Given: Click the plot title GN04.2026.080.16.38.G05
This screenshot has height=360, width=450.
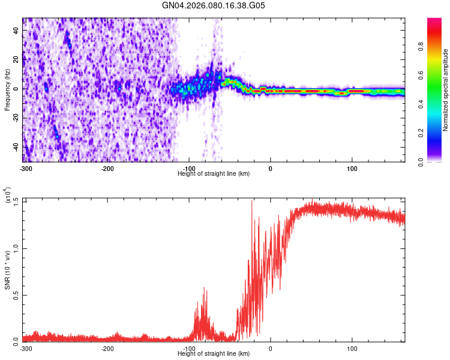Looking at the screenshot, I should click(x=214, y=5).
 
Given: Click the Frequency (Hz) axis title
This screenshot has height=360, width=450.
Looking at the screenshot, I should click(x=7, y=90).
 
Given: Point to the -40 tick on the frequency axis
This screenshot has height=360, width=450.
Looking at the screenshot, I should click(x=15, y=147).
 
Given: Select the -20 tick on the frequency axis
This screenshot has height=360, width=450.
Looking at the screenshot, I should click(x=15, y=118).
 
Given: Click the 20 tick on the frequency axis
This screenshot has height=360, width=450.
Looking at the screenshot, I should click(x=16, y=59).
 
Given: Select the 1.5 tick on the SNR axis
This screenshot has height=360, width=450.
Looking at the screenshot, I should click(x=15, y=200).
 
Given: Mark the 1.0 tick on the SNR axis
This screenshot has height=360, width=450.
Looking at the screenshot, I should click(x=15, y=248).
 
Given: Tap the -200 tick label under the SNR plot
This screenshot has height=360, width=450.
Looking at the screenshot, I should click(x=108, y=349).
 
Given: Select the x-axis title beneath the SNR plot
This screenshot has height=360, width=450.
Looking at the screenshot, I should click(x=214, y=355).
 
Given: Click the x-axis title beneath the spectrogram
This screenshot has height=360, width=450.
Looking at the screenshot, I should click(x=214, y=173).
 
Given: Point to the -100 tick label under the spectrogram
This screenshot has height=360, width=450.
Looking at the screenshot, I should click(x=189, y=168).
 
